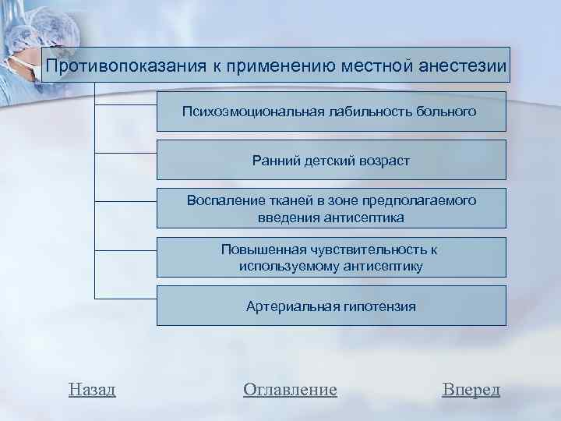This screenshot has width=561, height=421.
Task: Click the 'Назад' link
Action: pos(92,389)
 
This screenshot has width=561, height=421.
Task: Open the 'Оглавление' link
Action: pos(290,389)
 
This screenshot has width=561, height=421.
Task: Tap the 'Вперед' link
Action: pos(471,389)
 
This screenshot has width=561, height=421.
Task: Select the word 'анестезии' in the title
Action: pos(464,65)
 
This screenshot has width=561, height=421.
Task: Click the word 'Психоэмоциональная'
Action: pos(242,111)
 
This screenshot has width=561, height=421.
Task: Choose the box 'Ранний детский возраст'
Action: pos(331,160)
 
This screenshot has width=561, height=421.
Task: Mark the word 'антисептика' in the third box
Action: pos(366,218)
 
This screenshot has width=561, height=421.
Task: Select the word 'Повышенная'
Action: pos(256,249)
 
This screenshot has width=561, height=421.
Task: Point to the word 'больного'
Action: pos(447,111)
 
